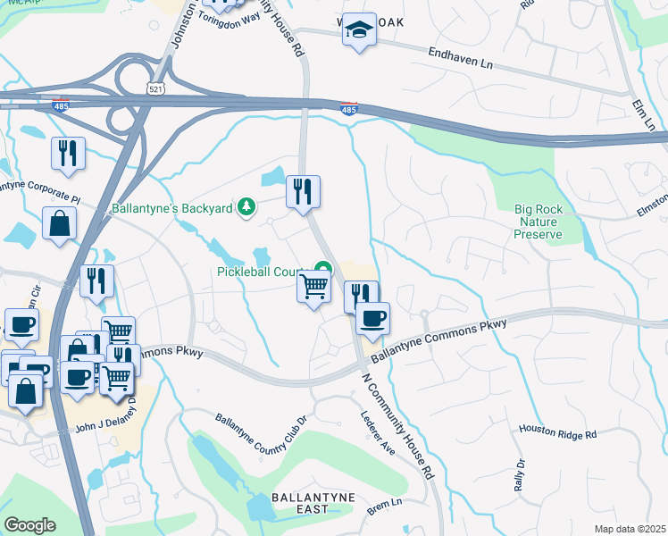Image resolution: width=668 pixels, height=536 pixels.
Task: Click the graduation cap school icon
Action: click(359, 30)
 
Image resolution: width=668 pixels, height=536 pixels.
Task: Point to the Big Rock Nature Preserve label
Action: click(538, 222)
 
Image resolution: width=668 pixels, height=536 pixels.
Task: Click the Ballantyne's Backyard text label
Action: click(171, 209)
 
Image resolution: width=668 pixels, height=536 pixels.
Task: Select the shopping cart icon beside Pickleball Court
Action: click(313, 288)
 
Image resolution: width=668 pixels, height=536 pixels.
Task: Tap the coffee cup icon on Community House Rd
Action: click(372, 318)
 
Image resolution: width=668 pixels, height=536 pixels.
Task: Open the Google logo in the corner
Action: click(29, 524)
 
